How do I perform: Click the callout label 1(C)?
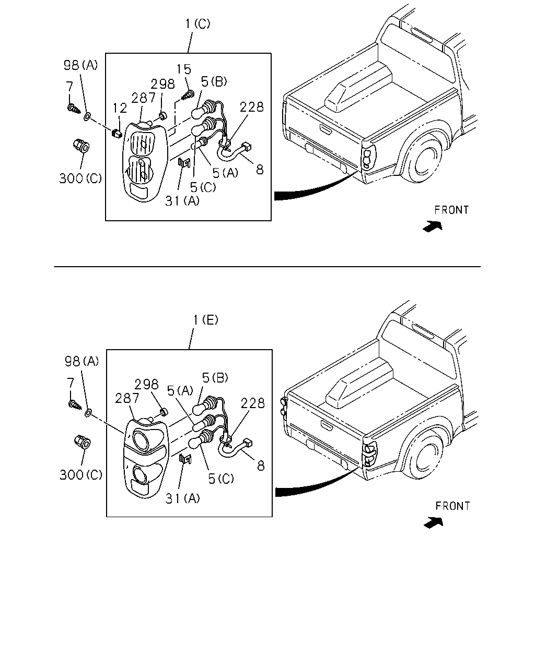click(197, 23)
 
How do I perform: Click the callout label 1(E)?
click(205, 320)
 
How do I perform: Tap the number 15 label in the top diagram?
click(184, 69)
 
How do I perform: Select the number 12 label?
click(120, 108)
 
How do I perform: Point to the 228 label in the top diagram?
click(251, 107)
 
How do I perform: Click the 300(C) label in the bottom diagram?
click(81, 474)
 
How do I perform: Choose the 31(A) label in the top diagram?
click(182, 201)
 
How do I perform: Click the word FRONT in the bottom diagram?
click(452, 506)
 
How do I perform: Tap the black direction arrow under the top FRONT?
click(433, 226)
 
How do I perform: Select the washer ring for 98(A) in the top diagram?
click(87, 117)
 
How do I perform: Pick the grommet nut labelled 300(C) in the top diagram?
click(81, 146)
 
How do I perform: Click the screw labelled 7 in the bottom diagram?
click(75, 404)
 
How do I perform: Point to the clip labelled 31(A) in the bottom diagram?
click(185, 459)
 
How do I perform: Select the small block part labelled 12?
click(117, 134)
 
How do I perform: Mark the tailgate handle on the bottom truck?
click(327, 424)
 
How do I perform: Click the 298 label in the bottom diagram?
click(146, 385)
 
